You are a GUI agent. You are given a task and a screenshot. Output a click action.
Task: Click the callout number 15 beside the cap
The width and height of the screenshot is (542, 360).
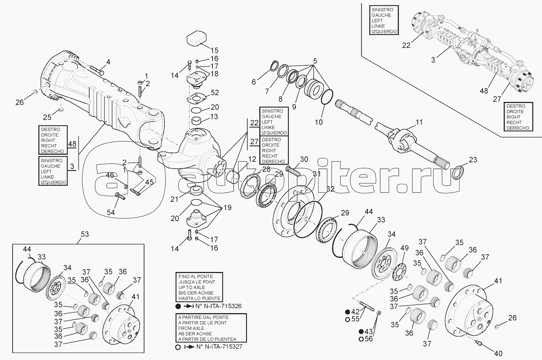(x=214, y=50)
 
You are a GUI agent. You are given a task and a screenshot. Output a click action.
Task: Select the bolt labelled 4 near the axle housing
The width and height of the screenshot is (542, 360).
(x=97, y=70)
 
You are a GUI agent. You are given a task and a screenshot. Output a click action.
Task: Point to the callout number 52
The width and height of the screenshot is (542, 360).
(x=215, y=93)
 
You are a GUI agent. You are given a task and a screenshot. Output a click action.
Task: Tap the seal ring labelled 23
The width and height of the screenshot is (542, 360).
(x=456, y=172)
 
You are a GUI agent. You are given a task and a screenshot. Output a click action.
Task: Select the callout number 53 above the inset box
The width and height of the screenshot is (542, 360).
(x=85, y=234)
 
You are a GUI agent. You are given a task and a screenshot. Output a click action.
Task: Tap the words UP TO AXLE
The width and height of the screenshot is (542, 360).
(x=192, y=287)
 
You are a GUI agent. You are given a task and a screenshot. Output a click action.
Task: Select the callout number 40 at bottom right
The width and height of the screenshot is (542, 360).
(x=498, y=353)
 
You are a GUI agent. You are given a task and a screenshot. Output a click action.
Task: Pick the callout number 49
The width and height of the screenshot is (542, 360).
(x=404, y=248)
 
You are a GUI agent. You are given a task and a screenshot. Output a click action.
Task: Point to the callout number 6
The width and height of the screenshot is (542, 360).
(x=253, y=82)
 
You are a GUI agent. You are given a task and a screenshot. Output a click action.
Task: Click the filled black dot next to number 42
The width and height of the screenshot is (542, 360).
(x=348, y=311)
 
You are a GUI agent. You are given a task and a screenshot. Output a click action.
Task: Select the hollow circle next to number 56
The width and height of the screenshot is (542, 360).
(x=361, y=339)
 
